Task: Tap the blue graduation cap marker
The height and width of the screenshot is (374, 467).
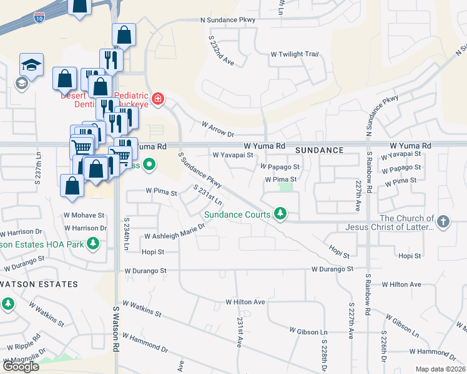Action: (31, 64)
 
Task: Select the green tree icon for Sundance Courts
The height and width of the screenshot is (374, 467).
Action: (280, 214)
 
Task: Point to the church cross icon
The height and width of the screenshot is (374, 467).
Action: (443, 221)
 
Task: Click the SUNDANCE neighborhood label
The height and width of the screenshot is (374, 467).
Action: (319, 150)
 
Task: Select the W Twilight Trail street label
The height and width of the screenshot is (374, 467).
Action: (294, 54)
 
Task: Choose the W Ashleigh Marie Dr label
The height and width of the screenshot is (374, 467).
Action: (175, 236)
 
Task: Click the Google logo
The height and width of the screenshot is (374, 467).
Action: (21, 366)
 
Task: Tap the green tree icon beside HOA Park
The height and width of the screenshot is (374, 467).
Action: (93, 242)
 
